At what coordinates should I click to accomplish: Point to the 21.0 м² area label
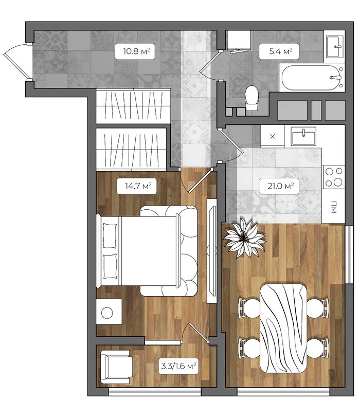279,186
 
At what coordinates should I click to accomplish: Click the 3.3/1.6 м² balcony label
178,366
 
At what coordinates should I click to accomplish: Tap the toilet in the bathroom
251,98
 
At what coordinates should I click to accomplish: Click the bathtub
312,78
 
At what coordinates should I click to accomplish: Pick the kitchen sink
303,136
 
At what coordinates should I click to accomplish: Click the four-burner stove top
334,177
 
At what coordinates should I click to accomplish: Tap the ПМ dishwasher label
334,207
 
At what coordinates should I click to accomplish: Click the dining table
283,328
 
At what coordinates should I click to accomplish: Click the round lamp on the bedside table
107,313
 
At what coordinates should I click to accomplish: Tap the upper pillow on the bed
110,235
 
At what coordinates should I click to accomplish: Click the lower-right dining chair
318,349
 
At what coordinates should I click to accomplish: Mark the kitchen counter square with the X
273,136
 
